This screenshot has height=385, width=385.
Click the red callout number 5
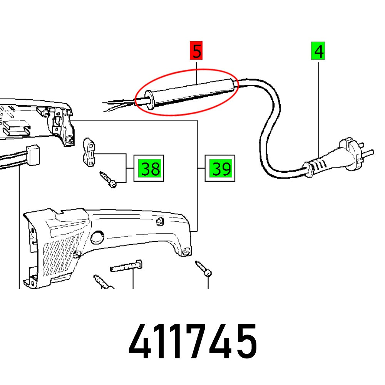(x=197, y=52)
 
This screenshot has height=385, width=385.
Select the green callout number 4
(x=318, y=52)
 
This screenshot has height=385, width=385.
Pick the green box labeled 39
(x=220, y=168)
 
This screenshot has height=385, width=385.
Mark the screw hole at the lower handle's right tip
(x=186, y=252)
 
